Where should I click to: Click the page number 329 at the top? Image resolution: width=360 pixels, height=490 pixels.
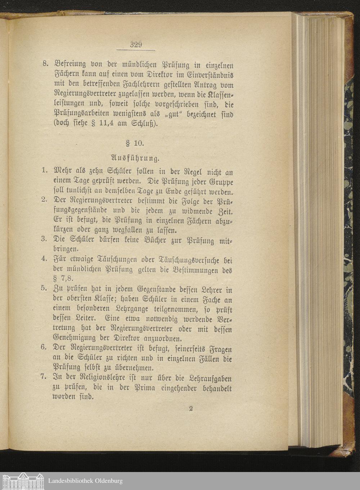tap(136, 45)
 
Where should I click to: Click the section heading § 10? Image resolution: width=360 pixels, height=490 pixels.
tap(135, 143)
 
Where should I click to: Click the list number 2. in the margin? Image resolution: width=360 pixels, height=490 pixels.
tap(45, 200)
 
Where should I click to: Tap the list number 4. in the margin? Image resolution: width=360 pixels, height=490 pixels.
tap(45, 258)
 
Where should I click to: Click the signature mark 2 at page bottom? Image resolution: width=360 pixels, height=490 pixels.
tap(191, 409)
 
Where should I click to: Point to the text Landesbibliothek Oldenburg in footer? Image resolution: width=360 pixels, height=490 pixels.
tap(85, 481)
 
